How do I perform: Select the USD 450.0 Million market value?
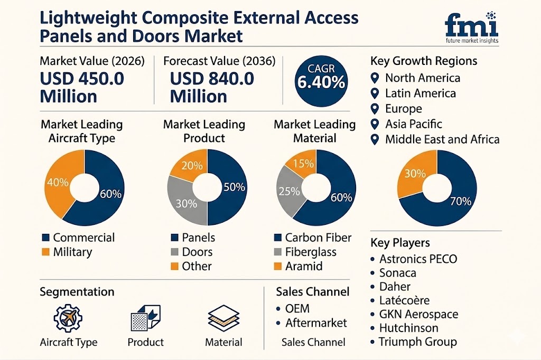point(82,87)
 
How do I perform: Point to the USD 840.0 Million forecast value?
point(212,87)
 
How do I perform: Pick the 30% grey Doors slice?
point(182,201)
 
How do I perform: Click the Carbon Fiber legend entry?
point(312,238)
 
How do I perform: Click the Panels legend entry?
point(192,238)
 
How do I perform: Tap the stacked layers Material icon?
point(223,318)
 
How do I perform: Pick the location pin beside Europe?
point(375,109)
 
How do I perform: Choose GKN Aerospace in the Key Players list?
point(418,314)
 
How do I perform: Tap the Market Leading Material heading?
point(314,131)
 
